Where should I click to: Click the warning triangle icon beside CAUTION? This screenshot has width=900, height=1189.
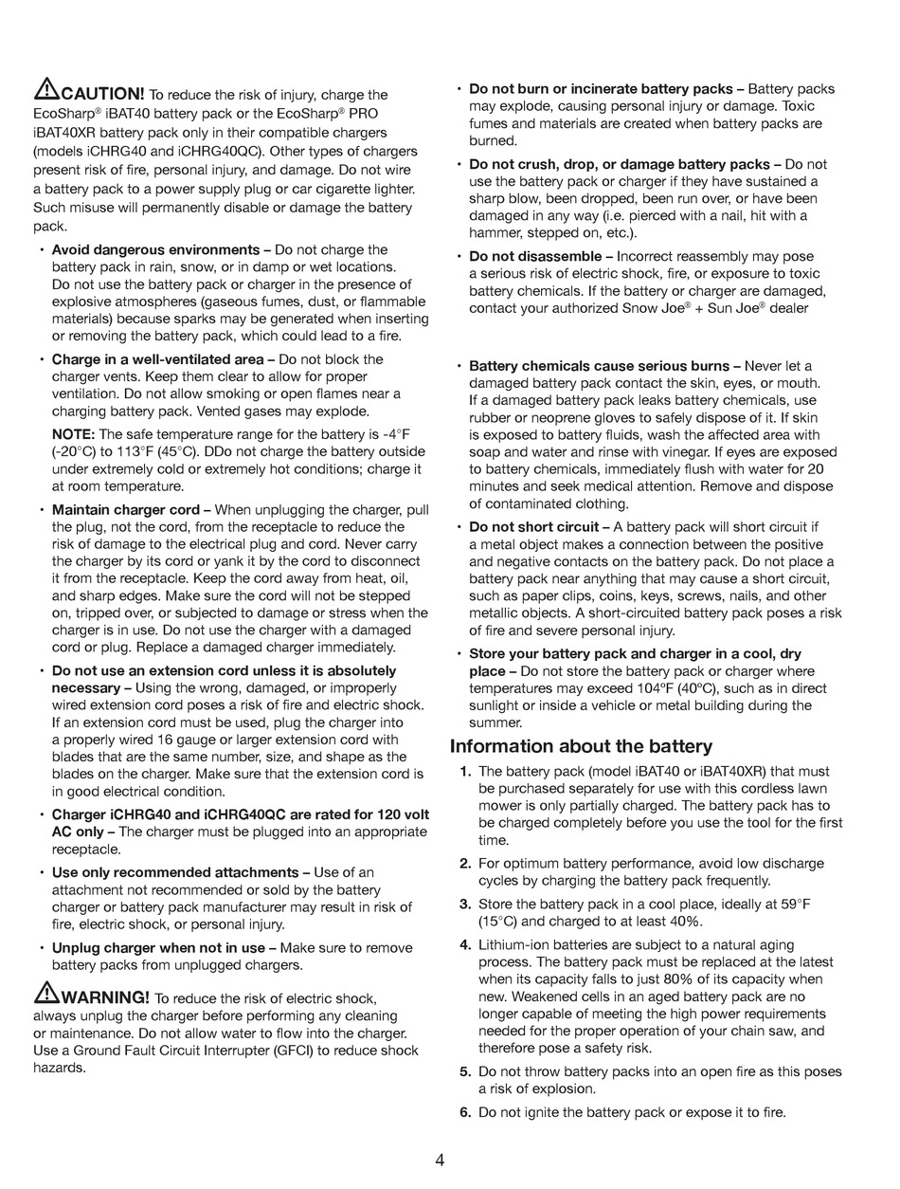(x=46, y=91)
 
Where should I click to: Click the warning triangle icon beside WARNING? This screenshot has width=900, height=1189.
(x=46, y=995)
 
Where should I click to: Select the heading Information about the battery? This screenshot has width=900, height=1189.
(x=581, y=746)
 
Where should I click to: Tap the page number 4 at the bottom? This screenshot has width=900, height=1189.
(x=441, y=1160)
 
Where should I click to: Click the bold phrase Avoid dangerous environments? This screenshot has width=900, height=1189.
(x=155, y=250)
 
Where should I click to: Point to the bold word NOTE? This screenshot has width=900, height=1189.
(x=71, y=434)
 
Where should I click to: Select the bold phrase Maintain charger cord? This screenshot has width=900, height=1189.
(x=125, y=510)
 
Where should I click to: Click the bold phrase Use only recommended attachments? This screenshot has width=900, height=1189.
(x=175, y=872)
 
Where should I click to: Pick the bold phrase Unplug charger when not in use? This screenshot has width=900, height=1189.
(x=158, y=948)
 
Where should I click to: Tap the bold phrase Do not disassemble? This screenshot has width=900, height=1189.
(x=535, y=257)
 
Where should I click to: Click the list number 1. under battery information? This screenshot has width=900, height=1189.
(x=465, y=772)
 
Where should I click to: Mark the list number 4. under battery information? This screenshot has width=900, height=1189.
(x=465, y=945)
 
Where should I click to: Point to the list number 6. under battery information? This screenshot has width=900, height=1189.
(x=465, y=1112)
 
